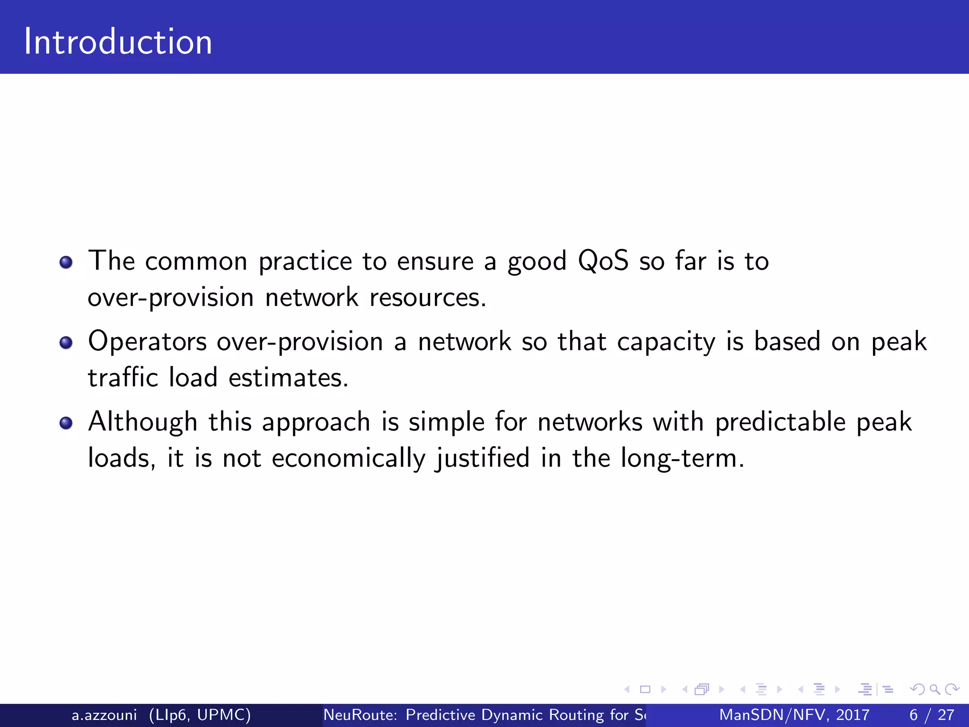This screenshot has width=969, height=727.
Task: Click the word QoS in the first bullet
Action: [x=603, y=261]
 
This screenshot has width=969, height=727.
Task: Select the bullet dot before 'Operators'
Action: [x=66, y=342]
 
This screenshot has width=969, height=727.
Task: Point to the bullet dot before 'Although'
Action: [x=66, y=423]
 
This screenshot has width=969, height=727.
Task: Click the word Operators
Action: [x=147, y=342]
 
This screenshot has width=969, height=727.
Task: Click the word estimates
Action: [x=288, y=378]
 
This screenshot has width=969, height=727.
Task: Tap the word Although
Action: [x=142, y=422]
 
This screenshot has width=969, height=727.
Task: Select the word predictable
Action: [x=780, y=422]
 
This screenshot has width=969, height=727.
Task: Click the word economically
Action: [x=348, y=459]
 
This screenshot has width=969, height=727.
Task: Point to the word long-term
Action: [x=681, y=459]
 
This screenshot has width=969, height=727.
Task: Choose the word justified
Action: [x=483, y=459]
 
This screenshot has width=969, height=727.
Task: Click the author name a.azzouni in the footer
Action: [x=104, y=715]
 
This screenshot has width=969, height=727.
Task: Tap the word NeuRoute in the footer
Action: [x=360, y=715]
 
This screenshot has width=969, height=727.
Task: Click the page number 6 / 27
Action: [x=931, y=715]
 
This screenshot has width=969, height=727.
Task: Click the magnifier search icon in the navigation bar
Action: [x=934, y=690]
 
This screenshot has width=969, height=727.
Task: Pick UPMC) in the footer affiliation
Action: [x=224, y=715]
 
